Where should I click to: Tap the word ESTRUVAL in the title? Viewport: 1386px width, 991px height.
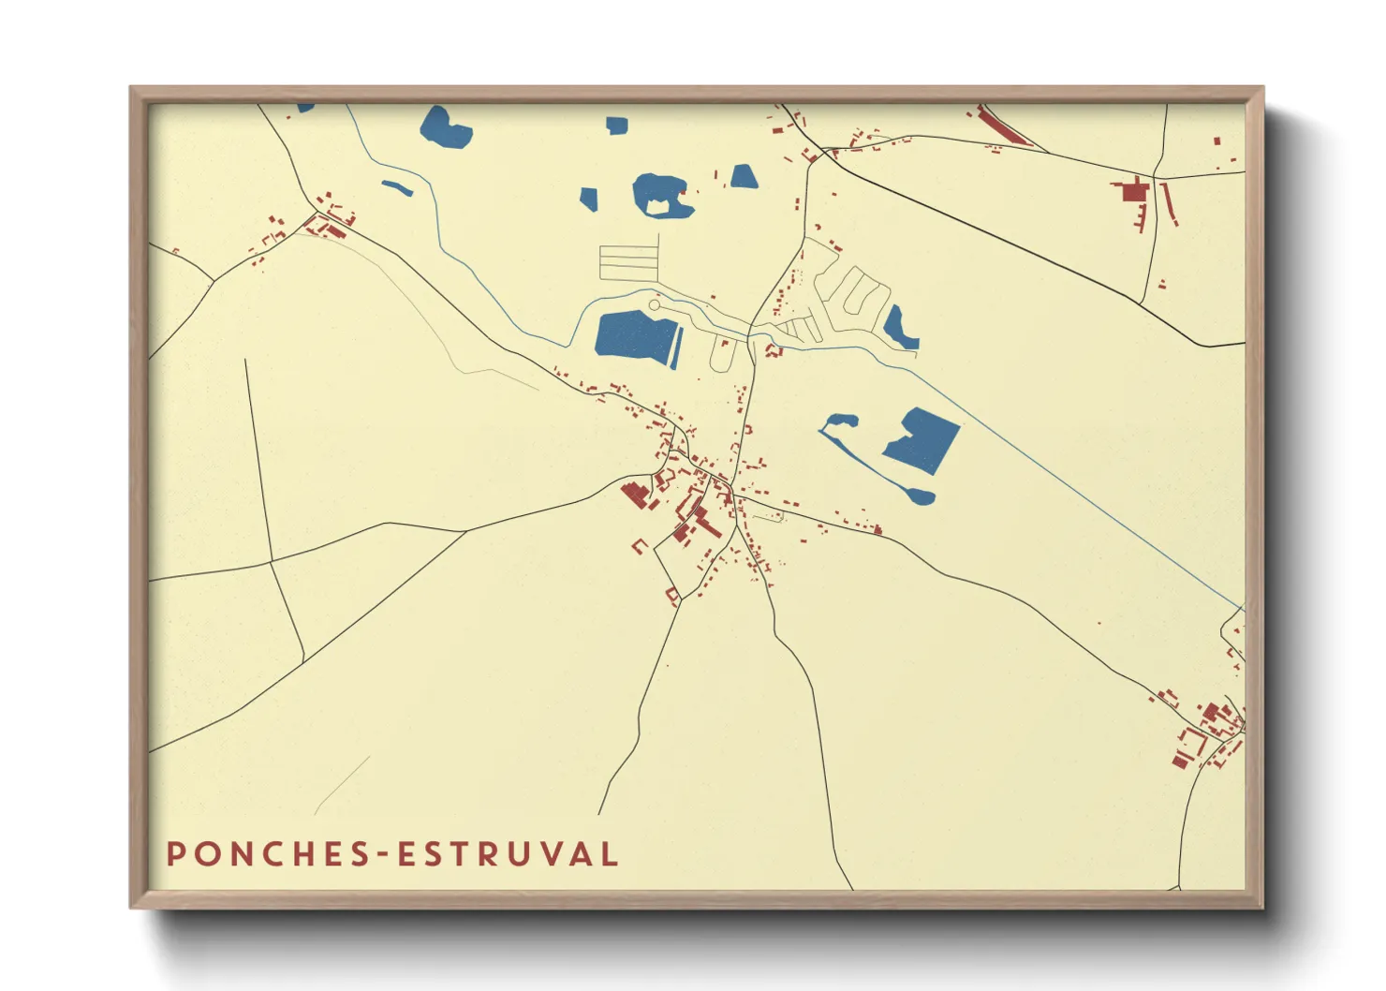(x=509, y=854)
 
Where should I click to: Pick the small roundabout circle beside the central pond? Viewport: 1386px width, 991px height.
(x=654, y=305)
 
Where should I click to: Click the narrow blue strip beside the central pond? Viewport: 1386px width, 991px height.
(x=677, y=348)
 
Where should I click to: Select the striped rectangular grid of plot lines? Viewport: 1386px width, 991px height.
(x=628, y=262)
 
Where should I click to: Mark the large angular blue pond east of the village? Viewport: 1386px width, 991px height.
(x=923, y=440)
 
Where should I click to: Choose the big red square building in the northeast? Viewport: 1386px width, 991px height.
(x=1134, y=192)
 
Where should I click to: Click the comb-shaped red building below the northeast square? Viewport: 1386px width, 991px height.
(x=1141, y=218)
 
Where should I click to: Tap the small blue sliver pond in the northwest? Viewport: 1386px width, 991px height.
(x=397, y=187)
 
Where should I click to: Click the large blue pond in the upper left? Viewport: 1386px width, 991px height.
(x=445, y=127)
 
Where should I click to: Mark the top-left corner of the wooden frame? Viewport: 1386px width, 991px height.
(x=131, y=88)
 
